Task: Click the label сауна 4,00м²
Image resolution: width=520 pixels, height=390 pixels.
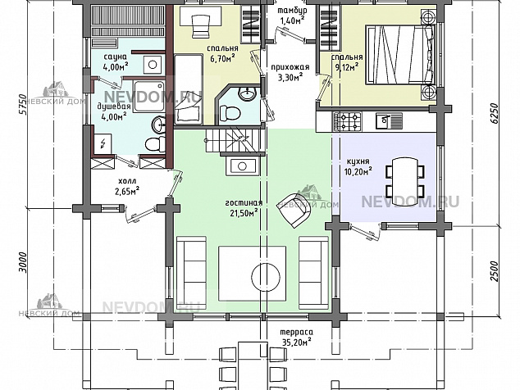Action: pos(116,62)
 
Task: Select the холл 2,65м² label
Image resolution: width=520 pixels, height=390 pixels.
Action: pos(127,185)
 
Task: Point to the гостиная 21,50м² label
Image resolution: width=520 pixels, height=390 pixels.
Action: pos(244,208)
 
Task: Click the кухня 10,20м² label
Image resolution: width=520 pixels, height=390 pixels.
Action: pos(358,166)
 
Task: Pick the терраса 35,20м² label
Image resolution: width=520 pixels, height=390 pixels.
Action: pos(297,337)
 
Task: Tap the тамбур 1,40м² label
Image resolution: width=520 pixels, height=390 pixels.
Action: pos(292,16)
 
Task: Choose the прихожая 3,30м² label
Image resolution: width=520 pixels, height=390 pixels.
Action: pos(290,72)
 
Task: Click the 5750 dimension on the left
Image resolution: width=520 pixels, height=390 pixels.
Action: pos(22,104)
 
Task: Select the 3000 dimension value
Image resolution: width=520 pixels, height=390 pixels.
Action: pos(22,262)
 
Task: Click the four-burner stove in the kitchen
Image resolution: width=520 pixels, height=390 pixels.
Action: pos(347,121)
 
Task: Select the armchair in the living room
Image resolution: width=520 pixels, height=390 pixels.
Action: pos(294,210)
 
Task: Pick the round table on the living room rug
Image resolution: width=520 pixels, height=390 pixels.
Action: pos(265,277)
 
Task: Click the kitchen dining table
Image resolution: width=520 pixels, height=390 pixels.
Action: pos(405,181)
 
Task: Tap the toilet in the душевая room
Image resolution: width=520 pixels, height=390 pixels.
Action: pos(155,144)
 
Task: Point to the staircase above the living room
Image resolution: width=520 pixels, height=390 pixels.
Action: pos(235,141)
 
